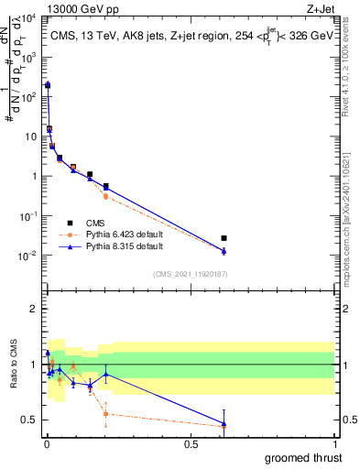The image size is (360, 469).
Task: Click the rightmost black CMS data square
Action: click(x=224, y=238)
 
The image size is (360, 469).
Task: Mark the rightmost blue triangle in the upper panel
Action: click(x=224, y=251)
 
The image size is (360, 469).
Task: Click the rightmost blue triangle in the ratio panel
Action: click(x=224, y=423)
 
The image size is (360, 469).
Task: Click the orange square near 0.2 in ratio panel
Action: click(x=106, y=413)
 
